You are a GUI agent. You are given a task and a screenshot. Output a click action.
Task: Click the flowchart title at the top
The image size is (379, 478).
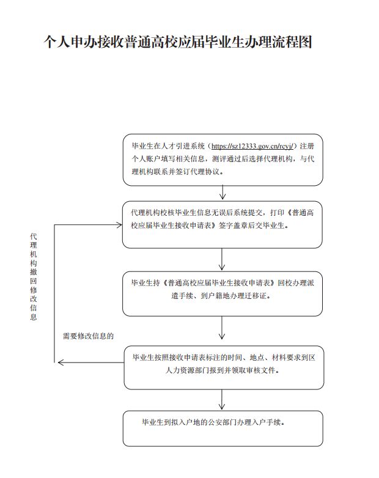(177, 42)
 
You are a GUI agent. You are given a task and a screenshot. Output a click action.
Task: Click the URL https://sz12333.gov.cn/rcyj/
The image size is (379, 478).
(252, 146)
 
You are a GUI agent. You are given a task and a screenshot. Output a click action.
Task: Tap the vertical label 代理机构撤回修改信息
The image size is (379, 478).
(33, 276)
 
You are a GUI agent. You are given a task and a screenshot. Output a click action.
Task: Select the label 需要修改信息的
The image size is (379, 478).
(88, 336)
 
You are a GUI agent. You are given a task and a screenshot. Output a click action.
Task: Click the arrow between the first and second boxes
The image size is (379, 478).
(223, 193)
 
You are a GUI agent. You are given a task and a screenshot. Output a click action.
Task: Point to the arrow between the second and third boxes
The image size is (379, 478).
(222, 259)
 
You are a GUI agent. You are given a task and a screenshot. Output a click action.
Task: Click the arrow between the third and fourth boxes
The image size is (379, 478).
(222, 328)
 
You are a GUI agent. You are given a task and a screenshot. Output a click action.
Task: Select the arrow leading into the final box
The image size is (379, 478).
(222, 399)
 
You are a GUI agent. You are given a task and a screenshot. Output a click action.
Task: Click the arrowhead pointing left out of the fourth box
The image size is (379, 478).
(61, 362)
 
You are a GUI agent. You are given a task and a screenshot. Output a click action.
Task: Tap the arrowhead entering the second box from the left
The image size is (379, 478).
(119, 225)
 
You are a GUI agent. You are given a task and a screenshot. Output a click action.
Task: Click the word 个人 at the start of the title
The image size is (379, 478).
(57, 42)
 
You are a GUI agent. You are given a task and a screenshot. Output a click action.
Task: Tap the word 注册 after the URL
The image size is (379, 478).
(307, 146)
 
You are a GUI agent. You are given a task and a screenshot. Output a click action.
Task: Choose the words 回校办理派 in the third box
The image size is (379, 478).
(296, 283)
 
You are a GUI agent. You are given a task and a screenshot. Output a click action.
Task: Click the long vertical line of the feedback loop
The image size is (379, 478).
(54, 293)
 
